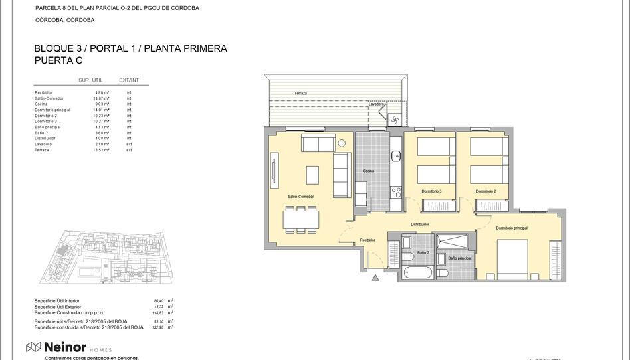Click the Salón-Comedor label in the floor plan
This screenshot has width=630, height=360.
(x=300, y=197)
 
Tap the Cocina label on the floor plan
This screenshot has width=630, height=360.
(x=368, y=171)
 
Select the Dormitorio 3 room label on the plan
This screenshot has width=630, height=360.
(x=431, y=191)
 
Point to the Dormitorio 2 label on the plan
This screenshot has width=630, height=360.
(x=486, y=191)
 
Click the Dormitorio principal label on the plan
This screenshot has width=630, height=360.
(x=512, y=228)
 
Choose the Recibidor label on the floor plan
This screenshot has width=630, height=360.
(x=367, y=240)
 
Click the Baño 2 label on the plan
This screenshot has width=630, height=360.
(x=423, y=253)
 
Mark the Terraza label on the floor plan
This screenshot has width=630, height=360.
(x=301, y=94)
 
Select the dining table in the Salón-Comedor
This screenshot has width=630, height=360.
(x=301, y=218)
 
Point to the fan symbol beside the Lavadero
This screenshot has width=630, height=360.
(x=395, y=120)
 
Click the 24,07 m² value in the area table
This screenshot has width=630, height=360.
(x=100, y=98)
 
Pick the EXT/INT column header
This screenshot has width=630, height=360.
(x=128, y=80)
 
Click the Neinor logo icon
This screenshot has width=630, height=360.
(x=33, y=347)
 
